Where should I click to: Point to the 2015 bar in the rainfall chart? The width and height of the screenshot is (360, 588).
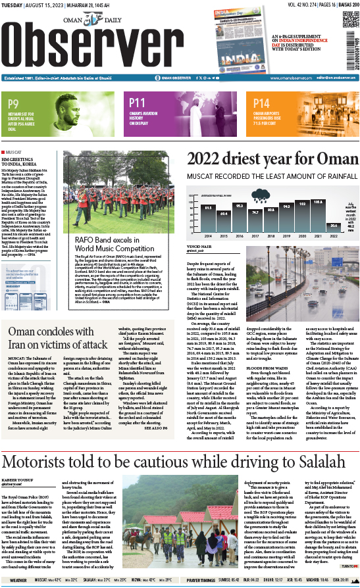click(222, 205)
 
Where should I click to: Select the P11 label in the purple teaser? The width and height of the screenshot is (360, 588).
click(137, 103)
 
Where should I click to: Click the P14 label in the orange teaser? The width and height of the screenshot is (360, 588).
click(262, 103)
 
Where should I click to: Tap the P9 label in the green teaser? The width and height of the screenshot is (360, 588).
click(13, 103)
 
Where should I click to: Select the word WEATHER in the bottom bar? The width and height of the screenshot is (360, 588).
click(18, 580)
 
